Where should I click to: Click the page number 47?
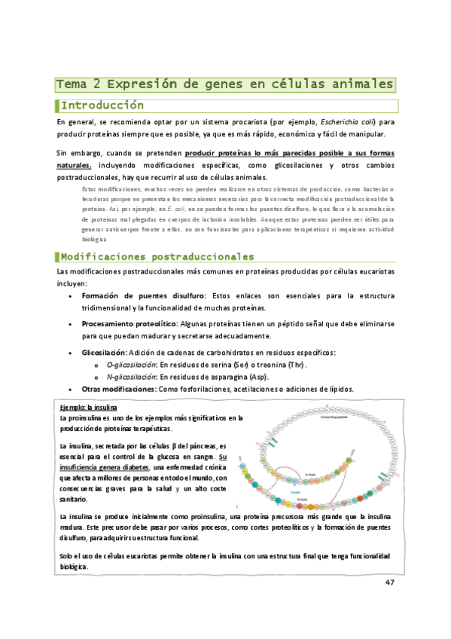tap(389, 582)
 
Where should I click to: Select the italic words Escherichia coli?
tap(348, 121)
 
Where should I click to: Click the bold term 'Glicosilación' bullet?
tap(104, 353)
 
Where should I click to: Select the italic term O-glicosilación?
tap(131, 365)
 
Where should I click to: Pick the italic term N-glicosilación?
tap(131, 377)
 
